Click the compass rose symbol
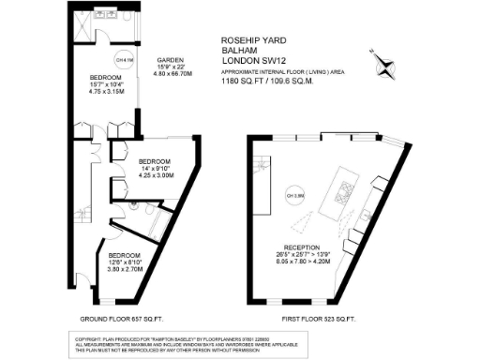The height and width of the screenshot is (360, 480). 384,62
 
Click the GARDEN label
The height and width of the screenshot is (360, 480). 169,57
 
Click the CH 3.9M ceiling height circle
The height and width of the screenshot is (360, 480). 298,195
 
